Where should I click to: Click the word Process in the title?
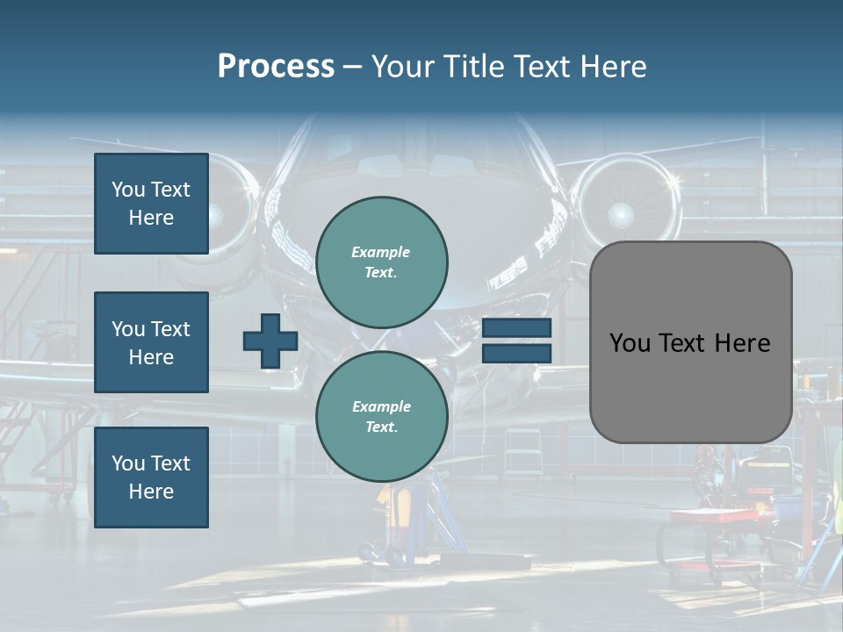coord(276,67)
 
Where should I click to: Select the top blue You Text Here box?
coord(151,204)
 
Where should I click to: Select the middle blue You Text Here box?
coord(151,342)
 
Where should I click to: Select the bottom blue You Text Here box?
coord(151,478)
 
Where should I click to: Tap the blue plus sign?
coord(270,341)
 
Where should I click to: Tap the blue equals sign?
coord(516,341)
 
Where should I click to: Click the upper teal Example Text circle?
coord(381,262)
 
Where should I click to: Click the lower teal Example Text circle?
coord(381,417)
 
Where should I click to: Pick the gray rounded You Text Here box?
coord(690,342)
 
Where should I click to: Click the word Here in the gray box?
coord(743,343)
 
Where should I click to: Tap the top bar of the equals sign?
coord(516,328)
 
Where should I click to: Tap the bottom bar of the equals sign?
coord(516,353)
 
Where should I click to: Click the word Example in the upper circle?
coord(381,252)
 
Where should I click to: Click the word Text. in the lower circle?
coord(381,427)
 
